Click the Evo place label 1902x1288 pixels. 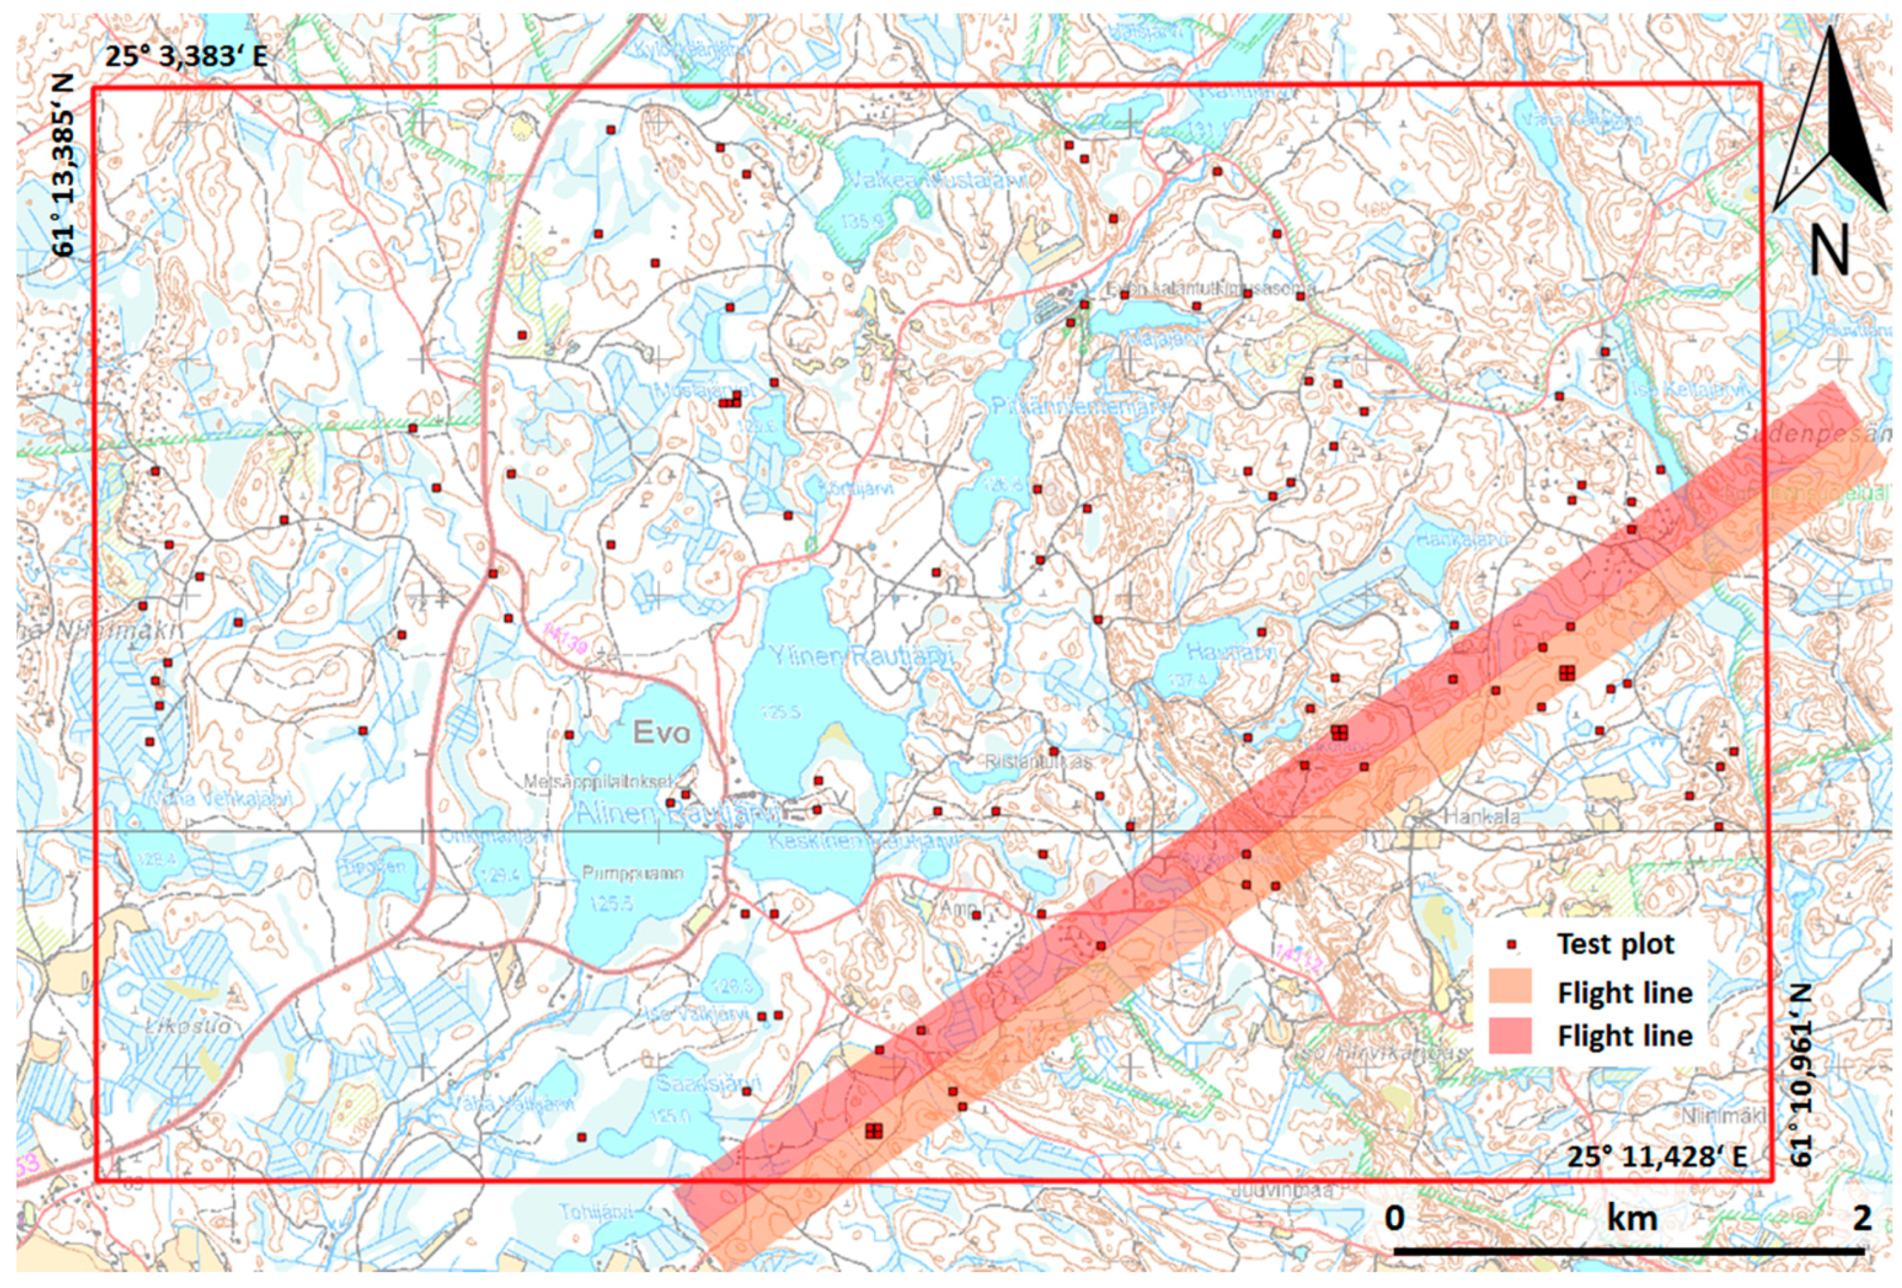(x=661, y=733)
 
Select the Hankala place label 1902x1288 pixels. (x=1481, y=817)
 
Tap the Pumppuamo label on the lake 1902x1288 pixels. (x=632, y=873)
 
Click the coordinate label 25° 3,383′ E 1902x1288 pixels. (x=185, y=57)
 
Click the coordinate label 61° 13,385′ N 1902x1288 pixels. (x=64, y=165)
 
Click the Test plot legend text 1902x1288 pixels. (x=1616, y=944)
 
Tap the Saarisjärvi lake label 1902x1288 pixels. (x=704, y=1089)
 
